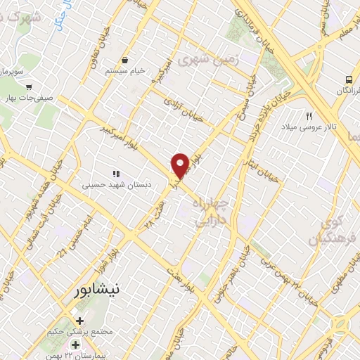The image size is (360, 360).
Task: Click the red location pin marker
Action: point(181,165)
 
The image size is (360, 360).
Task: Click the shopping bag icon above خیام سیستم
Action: point(124,60)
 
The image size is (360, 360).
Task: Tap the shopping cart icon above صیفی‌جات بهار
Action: point(28,87)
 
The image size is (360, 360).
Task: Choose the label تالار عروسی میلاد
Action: point(309,127)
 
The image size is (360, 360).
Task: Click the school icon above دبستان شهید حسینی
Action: point(117,173)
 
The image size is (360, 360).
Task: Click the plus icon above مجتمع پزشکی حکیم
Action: point(79,321)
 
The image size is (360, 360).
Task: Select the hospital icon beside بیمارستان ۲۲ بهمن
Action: point(76,345)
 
